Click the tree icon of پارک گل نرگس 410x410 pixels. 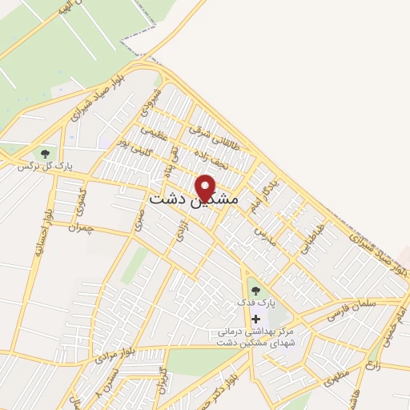tap(45, 153)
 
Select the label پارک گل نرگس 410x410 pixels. tap(47, 166)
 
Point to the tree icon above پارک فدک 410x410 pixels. tap(255, 291)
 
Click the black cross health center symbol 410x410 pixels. tap(255, 319)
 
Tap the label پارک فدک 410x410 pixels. tap(255, 304)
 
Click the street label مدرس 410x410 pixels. tap(265, 236)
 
